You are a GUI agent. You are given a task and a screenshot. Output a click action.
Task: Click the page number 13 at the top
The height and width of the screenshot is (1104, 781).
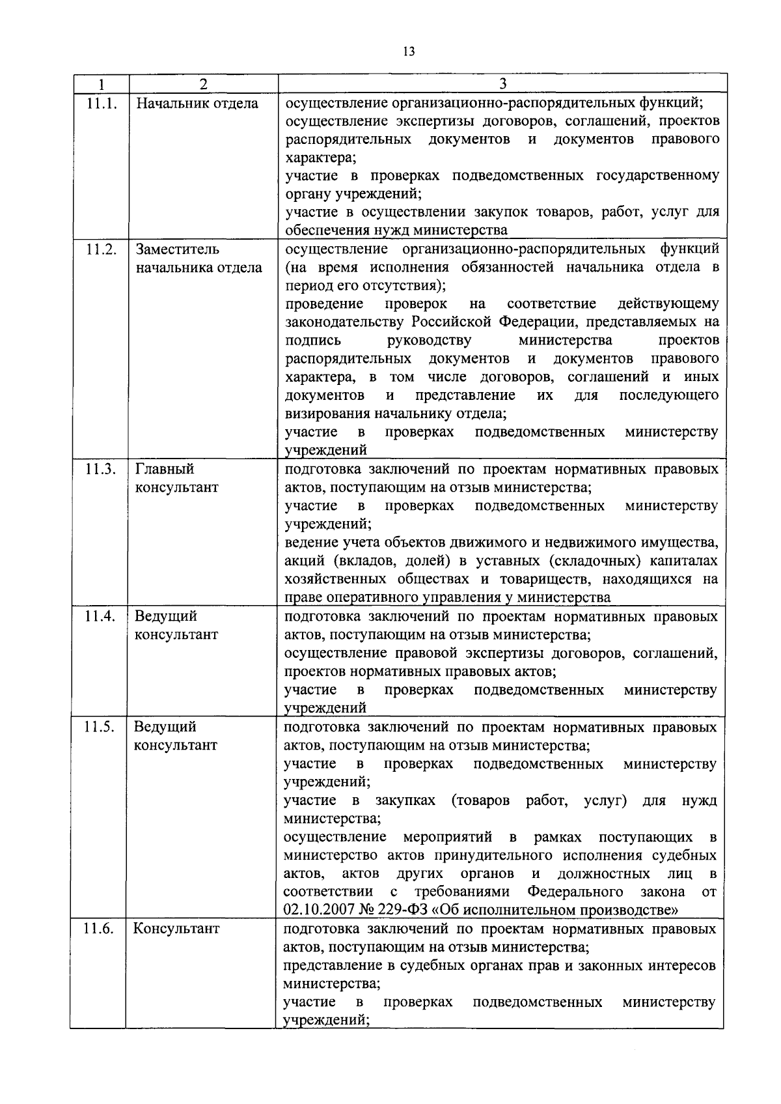point(408,51)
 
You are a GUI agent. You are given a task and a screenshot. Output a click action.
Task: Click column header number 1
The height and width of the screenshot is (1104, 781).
point(101,84)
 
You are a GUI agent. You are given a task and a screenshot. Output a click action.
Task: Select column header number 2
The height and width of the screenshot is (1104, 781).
point(204,84)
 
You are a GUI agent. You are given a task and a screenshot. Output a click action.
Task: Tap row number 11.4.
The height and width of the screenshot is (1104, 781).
point(100,616)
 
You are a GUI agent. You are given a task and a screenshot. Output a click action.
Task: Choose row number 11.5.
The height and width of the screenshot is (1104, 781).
point(100,727)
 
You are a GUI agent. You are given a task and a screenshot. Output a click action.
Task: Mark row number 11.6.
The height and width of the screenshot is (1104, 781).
point(99,929)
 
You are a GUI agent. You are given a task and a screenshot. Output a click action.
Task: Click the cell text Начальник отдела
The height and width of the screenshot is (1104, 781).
point(197,104)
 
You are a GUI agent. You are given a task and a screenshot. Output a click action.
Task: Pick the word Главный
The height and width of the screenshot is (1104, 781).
point(165,469)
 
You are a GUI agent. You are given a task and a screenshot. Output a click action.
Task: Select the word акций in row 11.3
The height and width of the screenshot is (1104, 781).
point(305,561)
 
